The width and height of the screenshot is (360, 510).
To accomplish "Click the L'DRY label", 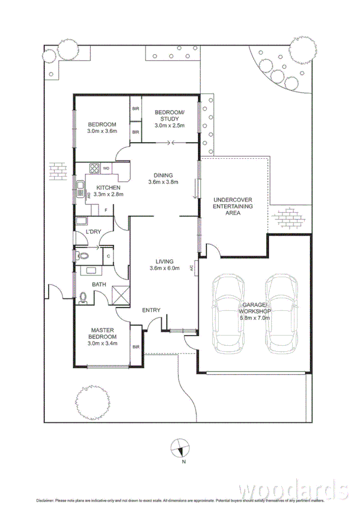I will [x=93, y=232].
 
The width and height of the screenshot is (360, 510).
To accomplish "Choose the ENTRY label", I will [x=151, y=310].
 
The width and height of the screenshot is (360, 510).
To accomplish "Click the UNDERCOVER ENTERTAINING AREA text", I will [x=233, y=206].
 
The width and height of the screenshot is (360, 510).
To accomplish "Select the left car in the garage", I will [x=228, y=314].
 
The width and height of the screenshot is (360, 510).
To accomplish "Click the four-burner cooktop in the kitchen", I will [x=94, y=168].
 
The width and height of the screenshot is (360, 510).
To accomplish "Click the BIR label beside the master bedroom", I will [x=135, y=347].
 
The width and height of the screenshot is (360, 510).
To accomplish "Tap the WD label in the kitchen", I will [x=106, y=168].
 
